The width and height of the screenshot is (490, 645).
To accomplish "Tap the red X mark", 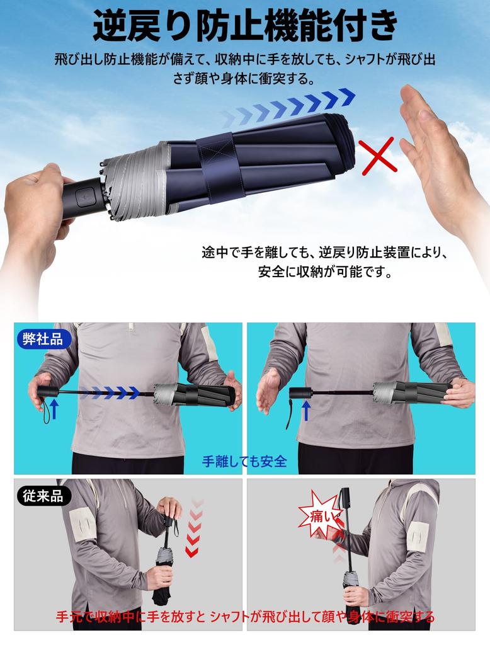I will (378, 156).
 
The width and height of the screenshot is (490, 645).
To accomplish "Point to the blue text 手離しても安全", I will (244, 461).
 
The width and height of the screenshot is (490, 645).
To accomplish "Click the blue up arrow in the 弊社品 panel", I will (54, 409).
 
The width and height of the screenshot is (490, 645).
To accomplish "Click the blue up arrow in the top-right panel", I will (305, 411).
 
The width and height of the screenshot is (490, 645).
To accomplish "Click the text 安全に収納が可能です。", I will (325, 273).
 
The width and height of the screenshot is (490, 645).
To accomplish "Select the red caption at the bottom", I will (245, 616).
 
